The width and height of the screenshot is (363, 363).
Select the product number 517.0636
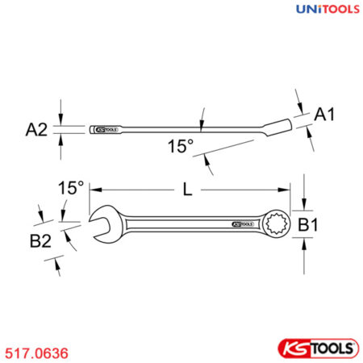37,353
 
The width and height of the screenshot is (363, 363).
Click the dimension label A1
324,116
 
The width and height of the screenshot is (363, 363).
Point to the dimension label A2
38,129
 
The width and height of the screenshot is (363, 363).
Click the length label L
187,190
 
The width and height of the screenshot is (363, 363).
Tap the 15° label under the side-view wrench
180,146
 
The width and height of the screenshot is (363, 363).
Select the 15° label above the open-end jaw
71,187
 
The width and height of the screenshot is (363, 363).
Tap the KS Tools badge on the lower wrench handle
242,225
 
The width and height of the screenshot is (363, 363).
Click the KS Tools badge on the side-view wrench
106,128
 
